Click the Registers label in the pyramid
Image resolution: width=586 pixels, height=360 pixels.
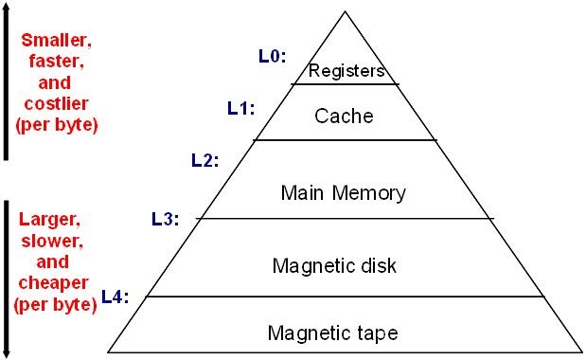coord(345,70)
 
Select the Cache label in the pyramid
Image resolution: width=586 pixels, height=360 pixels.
coord(344,117)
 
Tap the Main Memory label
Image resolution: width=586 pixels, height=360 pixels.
coord(344,192)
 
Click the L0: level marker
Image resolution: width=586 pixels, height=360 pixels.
coord(272,56)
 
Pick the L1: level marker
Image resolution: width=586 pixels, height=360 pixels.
coord(241,108)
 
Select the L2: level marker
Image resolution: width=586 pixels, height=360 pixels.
coord(205,160)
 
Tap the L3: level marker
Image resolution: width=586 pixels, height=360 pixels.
coord(166,219)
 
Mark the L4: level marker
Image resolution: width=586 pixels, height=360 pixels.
coord(115,297)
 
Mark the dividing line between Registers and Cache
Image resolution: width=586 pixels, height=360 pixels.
coord(345,84)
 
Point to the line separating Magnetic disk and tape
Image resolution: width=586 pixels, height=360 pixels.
coord(346,296)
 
